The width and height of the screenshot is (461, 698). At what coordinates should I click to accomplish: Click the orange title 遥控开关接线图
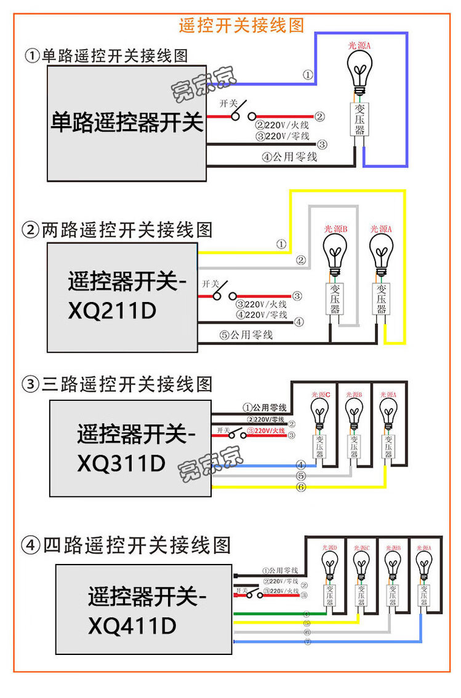[x=241, y=25]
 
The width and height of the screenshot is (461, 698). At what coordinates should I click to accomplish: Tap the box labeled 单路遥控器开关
[x=126, y=123]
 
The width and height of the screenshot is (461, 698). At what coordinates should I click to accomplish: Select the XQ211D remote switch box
[x=122, y=297]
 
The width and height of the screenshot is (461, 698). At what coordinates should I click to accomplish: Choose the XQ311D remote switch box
[x=130, y=448]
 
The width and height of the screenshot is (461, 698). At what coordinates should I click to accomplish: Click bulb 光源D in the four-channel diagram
[x=330, y=565]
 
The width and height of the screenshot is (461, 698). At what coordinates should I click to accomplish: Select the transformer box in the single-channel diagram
[x=360, y=119]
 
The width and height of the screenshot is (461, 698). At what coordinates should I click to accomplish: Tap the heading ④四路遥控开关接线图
[x=126, y=545]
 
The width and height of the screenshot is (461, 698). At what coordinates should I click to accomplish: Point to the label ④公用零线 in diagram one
[x=289, y=157]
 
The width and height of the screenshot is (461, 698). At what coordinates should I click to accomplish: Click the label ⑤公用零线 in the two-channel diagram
[x=246, y=336]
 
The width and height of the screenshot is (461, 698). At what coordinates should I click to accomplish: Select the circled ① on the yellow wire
[x=281, y=244]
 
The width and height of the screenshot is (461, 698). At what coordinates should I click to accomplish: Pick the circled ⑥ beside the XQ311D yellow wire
[x=301, y=487]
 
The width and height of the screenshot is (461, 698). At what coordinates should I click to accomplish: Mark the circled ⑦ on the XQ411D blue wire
[x=307, y=642]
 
